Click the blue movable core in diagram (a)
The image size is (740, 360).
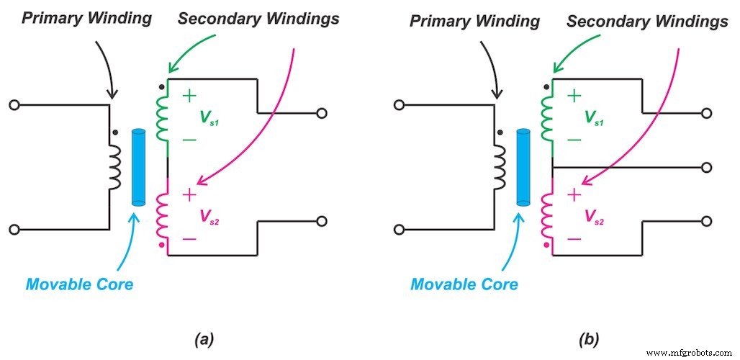tap(139, 167)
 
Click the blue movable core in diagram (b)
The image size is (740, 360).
tap(523, 167)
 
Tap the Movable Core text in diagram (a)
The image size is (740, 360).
tap(79, 284)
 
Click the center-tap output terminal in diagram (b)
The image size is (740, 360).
tap(707, 167)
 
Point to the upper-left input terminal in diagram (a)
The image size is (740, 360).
tap(13, 105)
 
